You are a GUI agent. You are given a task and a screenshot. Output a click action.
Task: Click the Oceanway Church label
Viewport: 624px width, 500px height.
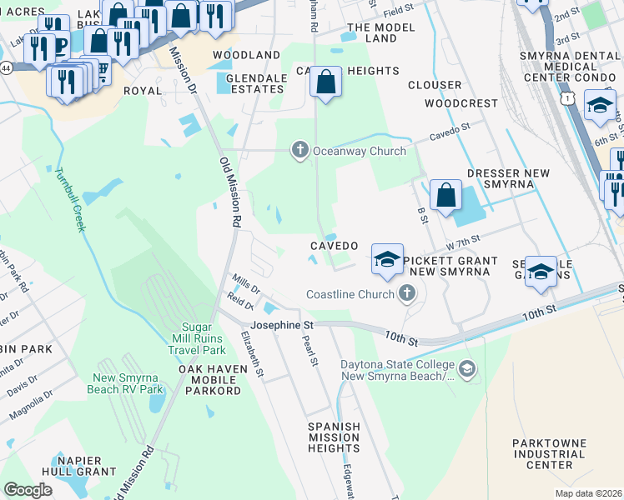point(359,151)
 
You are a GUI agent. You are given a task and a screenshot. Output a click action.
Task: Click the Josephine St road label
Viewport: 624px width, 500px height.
point(283,324)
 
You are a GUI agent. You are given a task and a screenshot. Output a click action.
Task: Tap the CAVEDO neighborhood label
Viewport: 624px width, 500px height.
point(335,247)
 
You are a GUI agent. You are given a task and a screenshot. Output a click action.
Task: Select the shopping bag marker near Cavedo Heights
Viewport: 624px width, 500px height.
point(326,82)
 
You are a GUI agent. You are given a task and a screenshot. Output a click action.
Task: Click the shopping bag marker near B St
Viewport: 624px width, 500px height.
point(447,195)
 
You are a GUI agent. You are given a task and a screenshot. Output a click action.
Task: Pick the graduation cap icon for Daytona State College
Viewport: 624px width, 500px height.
point(467,367)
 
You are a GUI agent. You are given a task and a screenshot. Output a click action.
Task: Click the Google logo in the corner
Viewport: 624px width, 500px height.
point(28,490)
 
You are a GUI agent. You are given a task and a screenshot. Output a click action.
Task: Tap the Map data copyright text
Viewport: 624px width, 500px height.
point(588,493)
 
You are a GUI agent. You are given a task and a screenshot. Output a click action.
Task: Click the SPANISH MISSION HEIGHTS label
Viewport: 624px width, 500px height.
point(335,437)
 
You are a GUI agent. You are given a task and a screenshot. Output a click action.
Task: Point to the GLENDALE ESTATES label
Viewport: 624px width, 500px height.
point(250,83)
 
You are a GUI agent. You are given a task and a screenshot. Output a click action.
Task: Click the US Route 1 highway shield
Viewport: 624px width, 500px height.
point(568,99)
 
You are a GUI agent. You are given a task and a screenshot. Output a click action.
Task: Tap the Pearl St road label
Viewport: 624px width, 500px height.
point(310,351)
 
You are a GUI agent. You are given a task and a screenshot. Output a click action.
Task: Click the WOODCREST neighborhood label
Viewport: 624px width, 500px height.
point(455,104)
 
